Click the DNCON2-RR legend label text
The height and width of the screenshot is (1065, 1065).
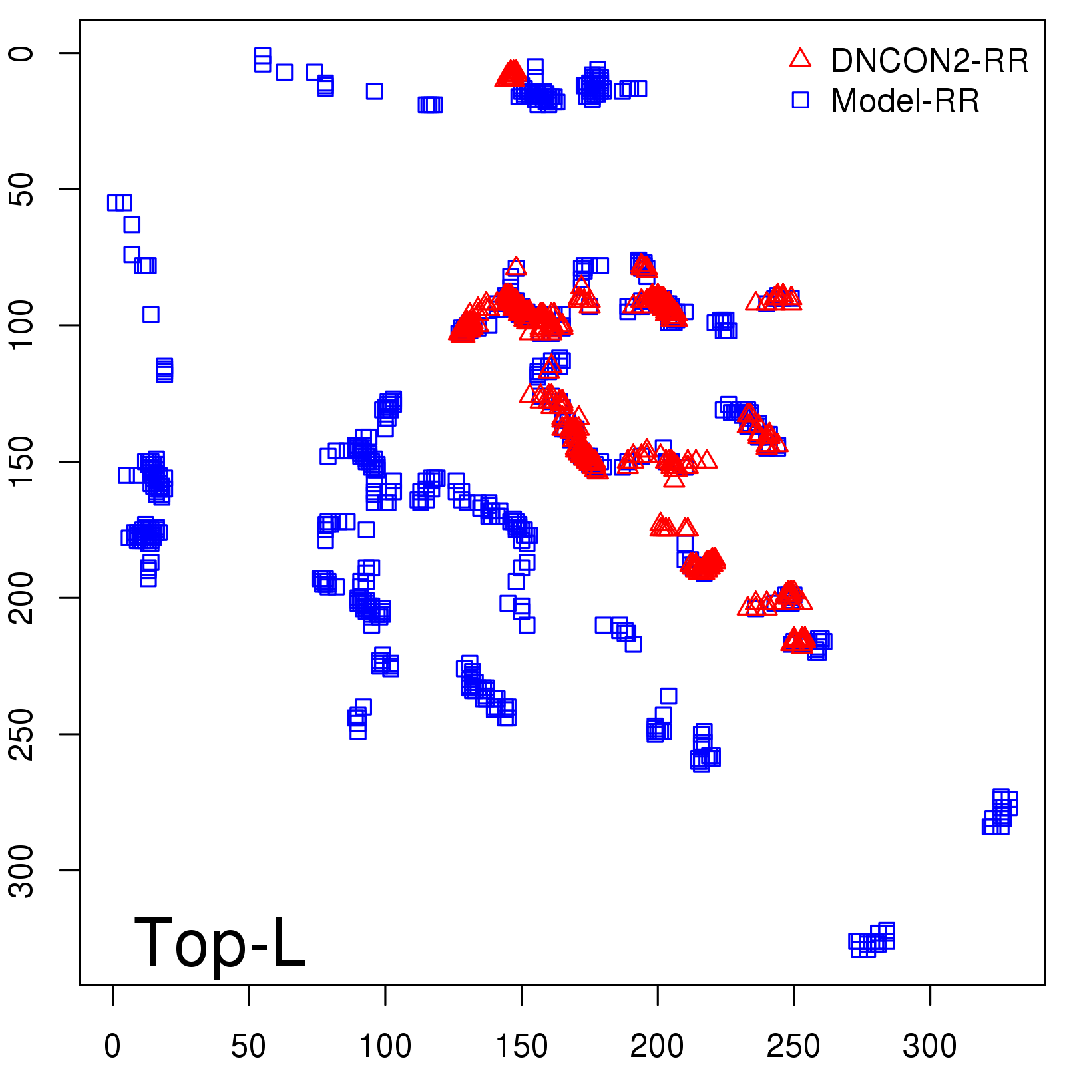(x=929, y=61)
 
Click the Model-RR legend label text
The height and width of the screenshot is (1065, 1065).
(x=905, y=101)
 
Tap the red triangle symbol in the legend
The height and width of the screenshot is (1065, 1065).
(x=800, y=59)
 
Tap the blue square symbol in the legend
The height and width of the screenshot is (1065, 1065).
(x=800, y=100)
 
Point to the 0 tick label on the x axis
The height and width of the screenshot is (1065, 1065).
(x=112, y=1046)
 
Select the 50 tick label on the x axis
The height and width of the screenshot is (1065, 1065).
(x=248, y=1046)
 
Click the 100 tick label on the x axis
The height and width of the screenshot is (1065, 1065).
(x=385, y=1046)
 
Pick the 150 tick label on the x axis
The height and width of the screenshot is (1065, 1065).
(x=521, y=1046)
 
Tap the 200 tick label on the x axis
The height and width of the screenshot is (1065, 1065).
(x=657, y=1046)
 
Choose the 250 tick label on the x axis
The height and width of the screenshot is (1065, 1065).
(x=793, y=1046)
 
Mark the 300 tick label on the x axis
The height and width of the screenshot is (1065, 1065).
(x=929, y=1046)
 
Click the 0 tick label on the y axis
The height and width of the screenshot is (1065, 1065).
(x=23, y=53)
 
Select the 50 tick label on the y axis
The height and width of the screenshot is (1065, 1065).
(x=23, y=189)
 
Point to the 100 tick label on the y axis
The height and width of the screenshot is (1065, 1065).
(x=23, y=325)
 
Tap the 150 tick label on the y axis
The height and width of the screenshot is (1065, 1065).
(x=23, y=461)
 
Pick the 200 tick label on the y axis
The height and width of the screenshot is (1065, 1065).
(x=23, y=598)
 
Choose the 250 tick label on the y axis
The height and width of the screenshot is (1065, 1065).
(x=23, y=734)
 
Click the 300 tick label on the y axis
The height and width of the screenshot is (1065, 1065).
(x=23, y=870)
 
